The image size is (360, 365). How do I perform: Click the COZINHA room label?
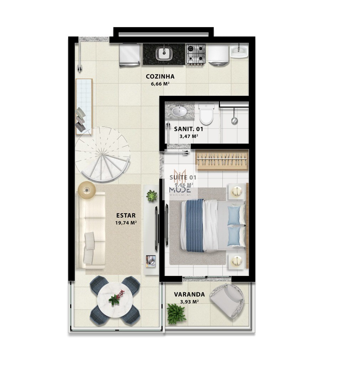click(x=160, y=76)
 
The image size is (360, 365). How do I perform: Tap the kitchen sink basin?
click(x=164, y=54)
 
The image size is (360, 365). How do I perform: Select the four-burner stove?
click(x=196, y=54)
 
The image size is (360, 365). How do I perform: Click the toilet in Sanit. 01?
click(x=206, y=114)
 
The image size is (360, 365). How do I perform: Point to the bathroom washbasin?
click(x=179, y=112)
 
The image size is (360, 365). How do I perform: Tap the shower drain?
click(x=234, y=121)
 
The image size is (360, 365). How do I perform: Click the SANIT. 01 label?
click(x=189, y=129)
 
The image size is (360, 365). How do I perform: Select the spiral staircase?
click(x=102, y=154)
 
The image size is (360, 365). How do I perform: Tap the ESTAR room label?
click(x=126, y=215)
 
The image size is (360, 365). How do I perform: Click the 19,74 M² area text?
click(x=126, y=223)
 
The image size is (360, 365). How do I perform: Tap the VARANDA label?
click(x=189, y=294)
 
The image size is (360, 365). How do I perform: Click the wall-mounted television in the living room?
click(x=156, y=228)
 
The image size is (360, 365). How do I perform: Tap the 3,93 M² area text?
click(x=189, y=302)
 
